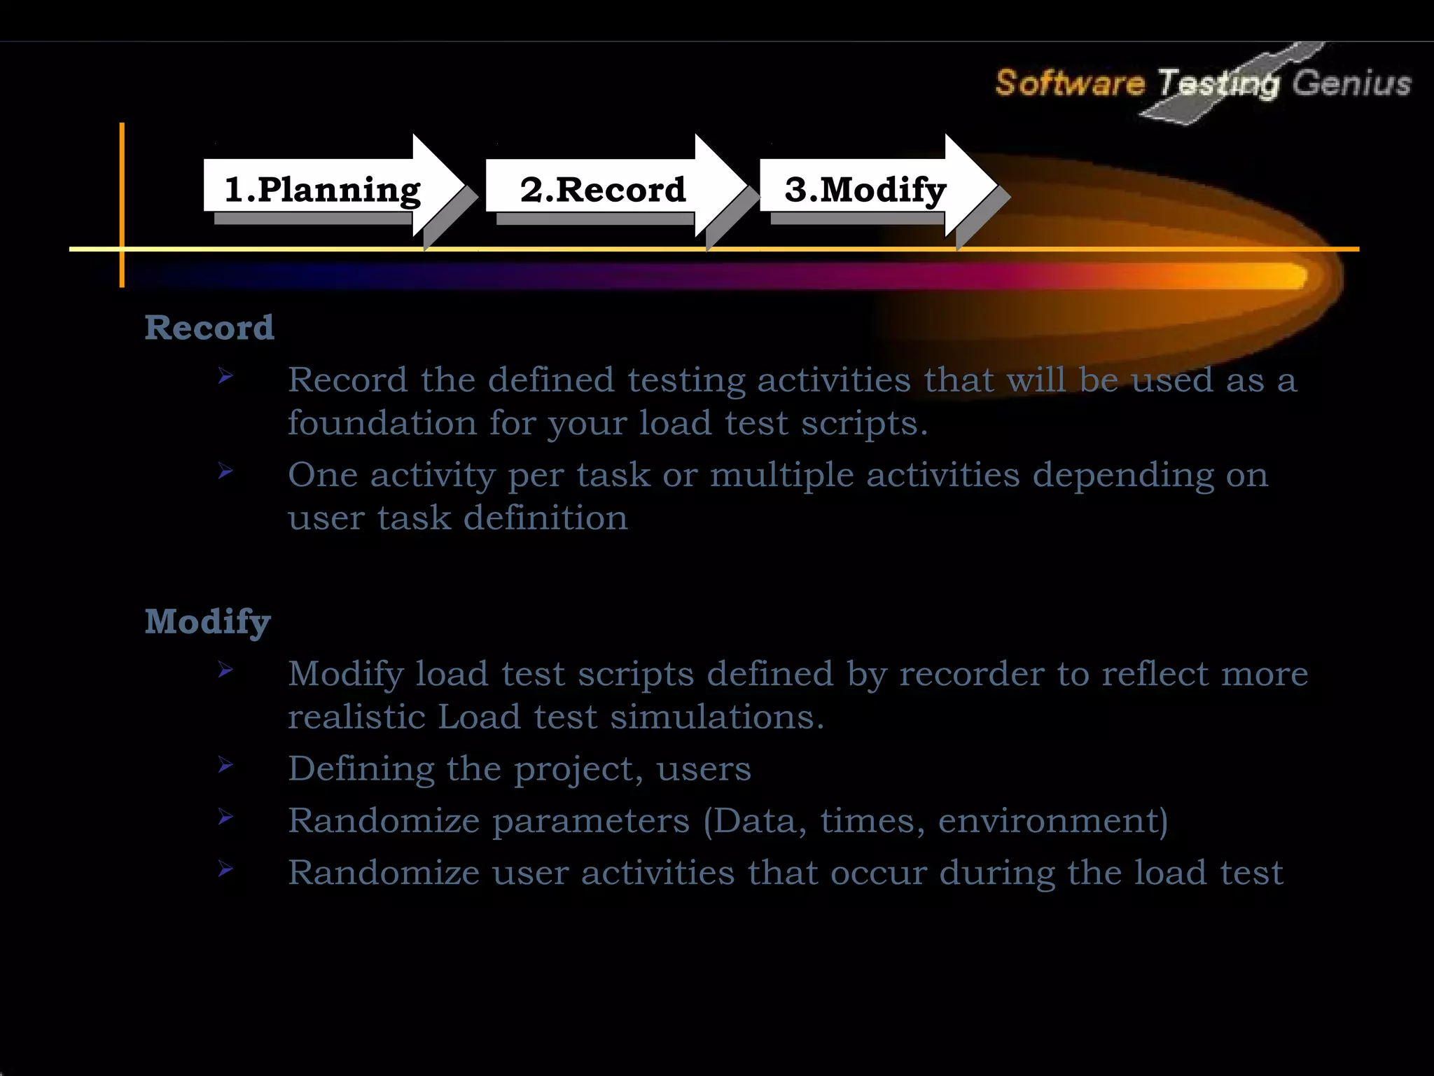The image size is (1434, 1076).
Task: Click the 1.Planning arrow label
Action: [322, 191]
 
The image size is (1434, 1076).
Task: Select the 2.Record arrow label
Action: [602, 191]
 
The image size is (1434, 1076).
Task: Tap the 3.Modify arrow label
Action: [865, 191]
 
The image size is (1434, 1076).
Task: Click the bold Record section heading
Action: [209, 328]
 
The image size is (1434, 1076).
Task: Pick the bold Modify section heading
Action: [208, 621]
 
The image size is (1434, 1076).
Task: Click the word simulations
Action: [716, 717]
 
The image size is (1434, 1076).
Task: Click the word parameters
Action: [591, 821]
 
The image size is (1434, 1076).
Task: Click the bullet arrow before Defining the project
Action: [225, 764]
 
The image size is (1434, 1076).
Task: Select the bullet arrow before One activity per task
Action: [225, 471]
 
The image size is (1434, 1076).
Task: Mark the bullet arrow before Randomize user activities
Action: [225, 869]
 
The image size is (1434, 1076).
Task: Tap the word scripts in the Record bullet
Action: [863, 423]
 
